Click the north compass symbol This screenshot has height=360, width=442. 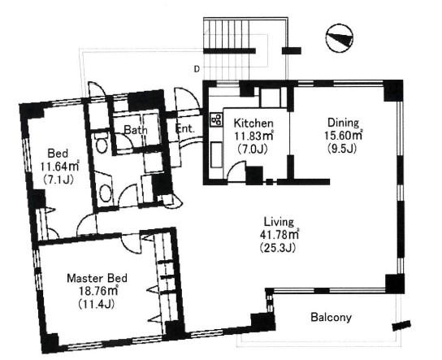point(340,38)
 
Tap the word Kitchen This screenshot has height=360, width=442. point(253,124)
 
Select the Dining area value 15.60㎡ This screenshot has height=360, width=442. point(344,136)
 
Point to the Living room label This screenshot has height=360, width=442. point(279,222)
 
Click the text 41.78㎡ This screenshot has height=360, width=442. point(279,234)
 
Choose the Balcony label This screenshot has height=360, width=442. point(331,318)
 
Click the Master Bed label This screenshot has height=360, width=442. point(97,278)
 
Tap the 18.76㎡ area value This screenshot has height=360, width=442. point(97,291)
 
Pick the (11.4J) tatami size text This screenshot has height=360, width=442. point(97,304)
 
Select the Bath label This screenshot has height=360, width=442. point(136,130)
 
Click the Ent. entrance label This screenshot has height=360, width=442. point(185,129)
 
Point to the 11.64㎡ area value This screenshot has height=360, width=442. point(59,167)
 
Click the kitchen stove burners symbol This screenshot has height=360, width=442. point(216,119)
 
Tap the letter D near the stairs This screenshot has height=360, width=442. point(197,68)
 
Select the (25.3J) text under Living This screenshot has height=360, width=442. point(277,247)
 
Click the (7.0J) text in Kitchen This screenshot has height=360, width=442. point(253,149)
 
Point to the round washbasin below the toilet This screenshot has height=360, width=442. point(106,193)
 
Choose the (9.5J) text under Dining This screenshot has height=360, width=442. point(342,148)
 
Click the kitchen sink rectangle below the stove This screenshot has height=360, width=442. point(216,154)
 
